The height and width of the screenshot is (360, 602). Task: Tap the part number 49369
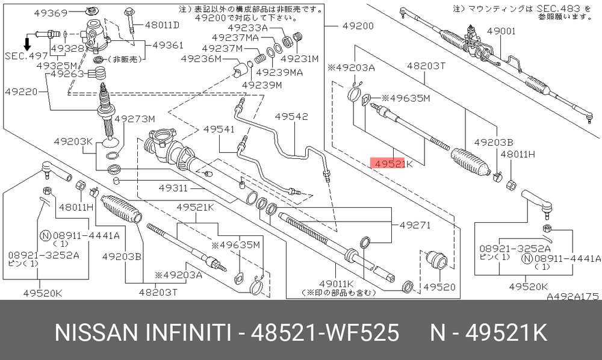click(51, 13)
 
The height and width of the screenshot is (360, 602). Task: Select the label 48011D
click(163, 25)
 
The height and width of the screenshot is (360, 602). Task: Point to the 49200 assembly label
click(358, 26)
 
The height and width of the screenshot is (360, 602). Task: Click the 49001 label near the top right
click(501, 31)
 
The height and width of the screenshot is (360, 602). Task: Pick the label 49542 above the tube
click(291, 116)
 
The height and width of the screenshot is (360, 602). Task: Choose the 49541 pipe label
click(219, 129)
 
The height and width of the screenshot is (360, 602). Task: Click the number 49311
click(173, 188)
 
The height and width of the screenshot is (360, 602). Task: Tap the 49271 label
click(415, 225)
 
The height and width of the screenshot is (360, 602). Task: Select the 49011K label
click(337, 284)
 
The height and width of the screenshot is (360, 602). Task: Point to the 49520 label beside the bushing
click(439, 287)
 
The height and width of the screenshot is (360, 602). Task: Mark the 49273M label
click(135, 119)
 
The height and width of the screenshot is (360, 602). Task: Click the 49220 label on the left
click(22, 92)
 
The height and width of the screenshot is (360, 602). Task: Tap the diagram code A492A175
click(573, 296)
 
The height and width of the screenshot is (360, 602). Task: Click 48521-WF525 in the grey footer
click(325, 332)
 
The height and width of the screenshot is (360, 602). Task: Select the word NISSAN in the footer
click(96, 332)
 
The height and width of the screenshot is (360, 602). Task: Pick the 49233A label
click(247, 28)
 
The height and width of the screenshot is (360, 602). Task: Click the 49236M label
click(201, 59)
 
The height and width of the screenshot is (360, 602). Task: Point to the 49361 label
click(168, 45)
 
